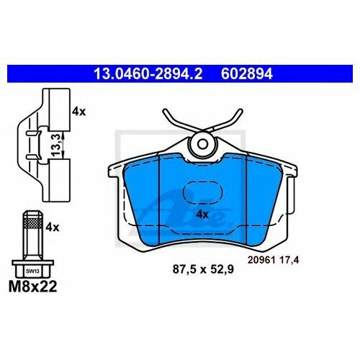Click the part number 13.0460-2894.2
coord(148,73)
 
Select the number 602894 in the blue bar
coord(247,73)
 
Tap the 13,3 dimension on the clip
coord(55,145)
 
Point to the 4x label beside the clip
coord(79,112)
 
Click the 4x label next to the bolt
coord(53,227)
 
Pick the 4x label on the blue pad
coord(202,215)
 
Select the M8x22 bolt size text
coord(33,287)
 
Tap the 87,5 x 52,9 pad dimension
coord(203,269)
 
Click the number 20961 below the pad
coord(261,260)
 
